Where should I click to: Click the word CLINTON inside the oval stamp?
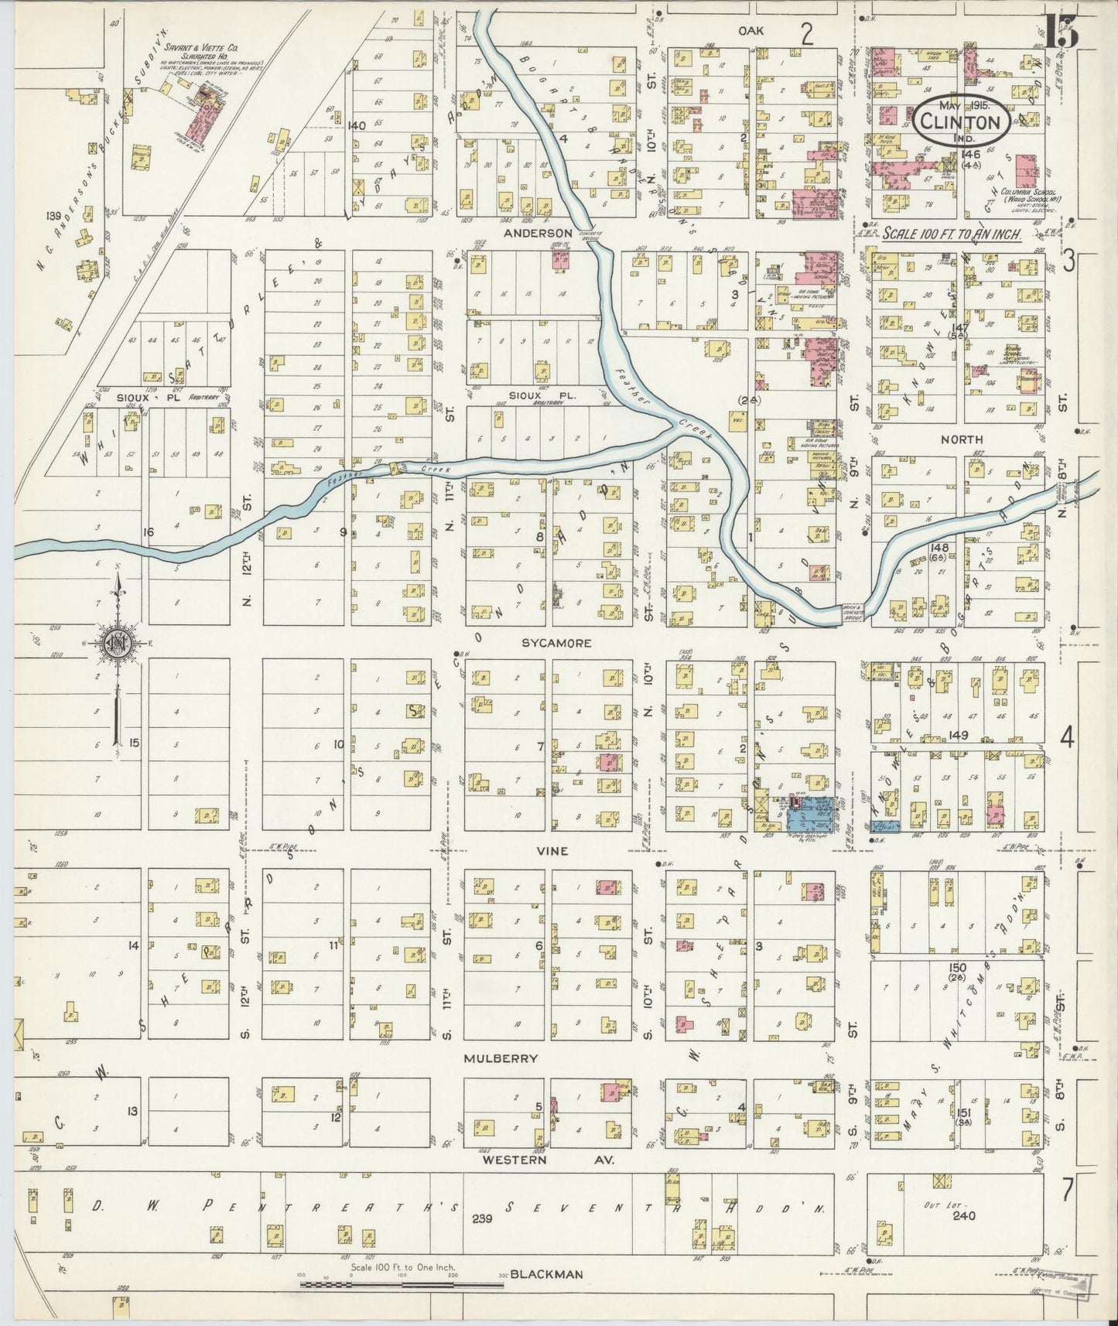pyautogui.click(x=961, y=122)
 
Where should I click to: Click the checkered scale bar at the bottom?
pyautogui.click(x=402, y=1285)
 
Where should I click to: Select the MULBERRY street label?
pyautogui.click(x=501, y=1058)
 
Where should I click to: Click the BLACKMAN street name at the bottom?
pyautogui.click(x=545, y=1274)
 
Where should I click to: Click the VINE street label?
pyautogui.click(x=552, y=850)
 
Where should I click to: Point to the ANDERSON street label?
pyautogui.click(x=537, y=232)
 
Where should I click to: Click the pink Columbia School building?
pyautogui.click(x=1027, y=171)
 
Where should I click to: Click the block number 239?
pyautogui.click(x=482, y=1219)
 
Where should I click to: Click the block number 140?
pyautogui.click(x=356, y=125)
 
